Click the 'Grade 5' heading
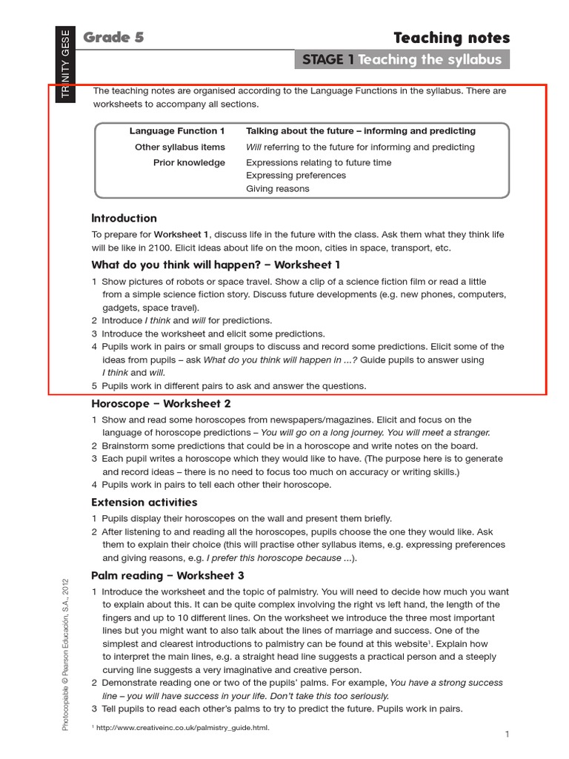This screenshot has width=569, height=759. [113, 38]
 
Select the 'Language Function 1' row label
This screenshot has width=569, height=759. [177, 131]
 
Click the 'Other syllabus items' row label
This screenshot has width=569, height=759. [180, 148]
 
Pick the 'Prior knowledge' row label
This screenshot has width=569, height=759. [189, 163]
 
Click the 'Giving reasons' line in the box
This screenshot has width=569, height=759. [278, 189]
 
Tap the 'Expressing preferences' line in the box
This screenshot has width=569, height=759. [296, 176]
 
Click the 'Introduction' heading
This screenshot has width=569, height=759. [124, 218]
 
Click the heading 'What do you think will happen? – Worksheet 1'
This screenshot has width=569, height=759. [216, 265]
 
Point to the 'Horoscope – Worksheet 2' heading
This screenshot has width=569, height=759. [161, 404]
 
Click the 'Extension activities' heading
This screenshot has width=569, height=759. [144, 503]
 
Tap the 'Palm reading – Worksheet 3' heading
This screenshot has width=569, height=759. [167, 575]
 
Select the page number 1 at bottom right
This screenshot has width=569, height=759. [507, 735]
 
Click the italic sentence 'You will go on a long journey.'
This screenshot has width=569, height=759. [327, 433]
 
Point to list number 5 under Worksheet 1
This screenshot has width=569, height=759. [95, 386]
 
